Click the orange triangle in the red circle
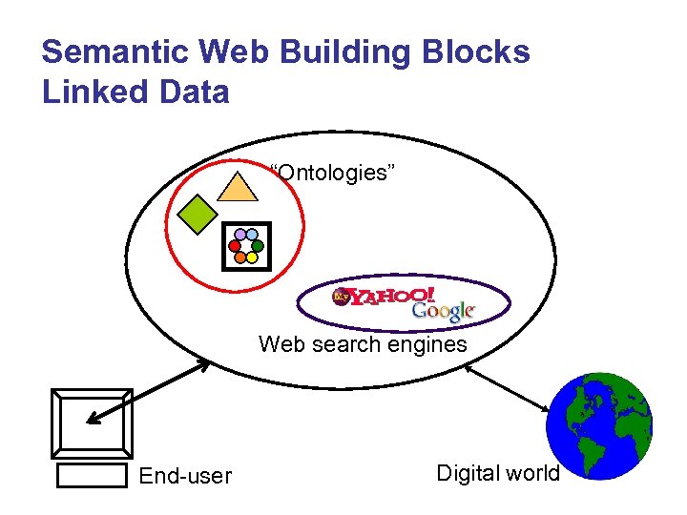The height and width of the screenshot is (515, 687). pos(238,187)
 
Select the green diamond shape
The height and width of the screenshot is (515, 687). pos(199,214)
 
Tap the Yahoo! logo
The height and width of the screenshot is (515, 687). pos(392,298)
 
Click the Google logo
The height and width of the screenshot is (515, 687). pos(443,312)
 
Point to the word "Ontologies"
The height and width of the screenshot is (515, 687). pos(334,173)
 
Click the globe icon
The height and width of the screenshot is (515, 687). pos(600,426)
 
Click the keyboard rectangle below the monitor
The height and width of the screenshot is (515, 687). pos(92,474)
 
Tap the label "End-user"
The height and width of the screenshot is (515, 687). pos(185,475)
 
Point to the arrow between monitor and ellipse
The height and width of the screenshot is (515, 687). pos(149,390)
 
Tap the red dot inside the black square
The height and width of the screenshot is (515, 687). pos(235,245)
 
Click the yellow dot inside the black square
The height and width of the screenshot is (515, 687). pos(252,257)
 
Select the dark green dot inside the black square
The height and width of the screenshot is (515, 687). pos(258,245)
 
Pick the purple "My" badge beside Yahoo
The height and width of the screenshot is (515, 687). pos(341,298)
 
